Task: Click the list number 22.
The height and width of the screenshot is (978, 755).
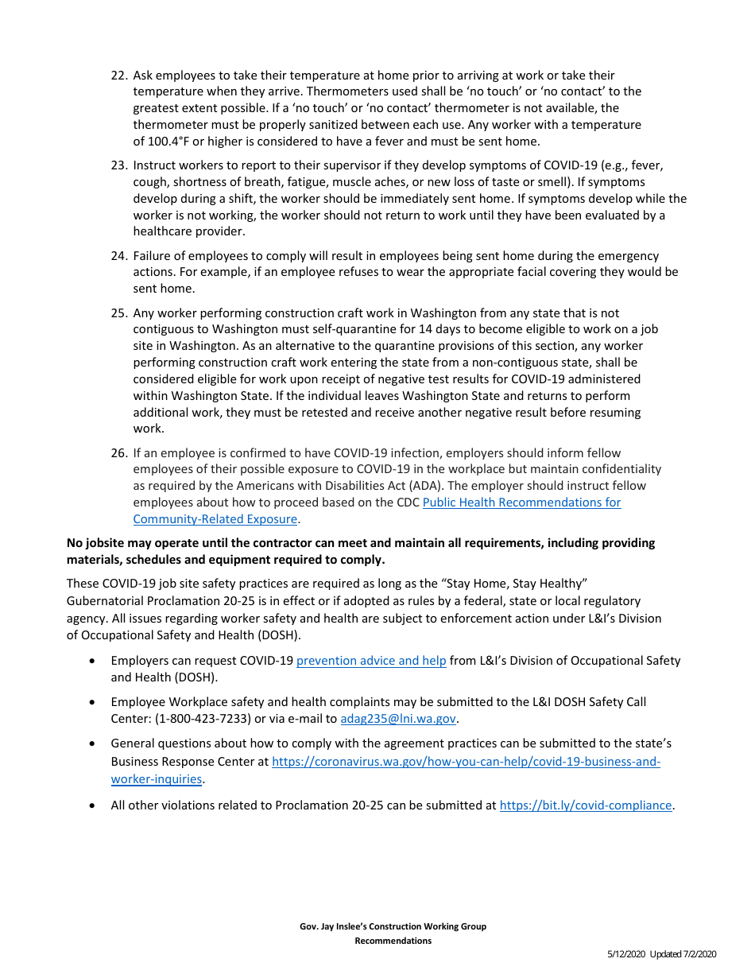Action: (x=118, y=76)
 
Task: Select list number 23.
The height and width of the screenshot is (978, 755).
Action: (x=118, y=166)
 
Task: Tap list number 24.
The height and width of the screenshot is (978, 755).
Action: (x=118, y=256)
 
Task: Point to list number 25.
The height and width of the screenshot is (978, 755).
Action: (x=118, y=313)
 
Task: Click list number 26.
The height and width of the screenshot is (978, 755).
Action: (x=118, y=453)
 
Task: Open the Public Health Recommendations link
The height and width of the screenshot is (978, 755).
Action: (x=521, y=503)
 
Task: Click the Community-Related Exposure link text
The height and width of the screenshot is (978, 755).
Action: (x=215, y=519)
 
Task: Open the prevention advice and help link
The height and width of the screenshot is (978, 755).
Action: (x=371, y=661)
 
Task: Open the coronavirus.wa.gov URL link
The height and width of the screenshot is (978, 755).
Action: (x=466, y=762)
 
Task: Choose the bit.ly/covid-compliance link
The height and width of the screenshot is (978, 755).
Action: (x=586, y=805)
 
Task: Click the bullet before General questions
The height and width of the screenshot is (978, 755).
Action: (x=94, y=743)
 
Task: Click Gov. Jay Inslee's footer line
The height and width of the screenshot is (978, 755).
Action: (x=393, y=926)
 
